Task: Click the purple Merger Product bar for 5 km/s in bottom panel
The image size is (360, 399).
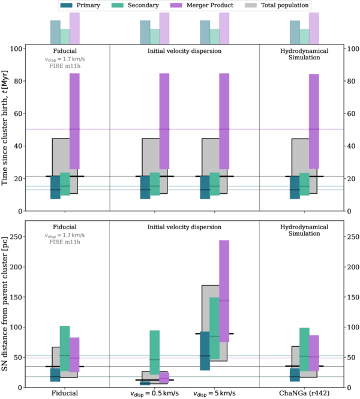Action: pos(224,291)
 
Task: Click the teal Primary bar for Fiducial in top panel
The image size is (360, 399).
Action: pos(55,187)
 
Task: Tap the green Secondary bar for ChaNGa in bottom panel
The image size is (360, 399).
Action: pos(304,354)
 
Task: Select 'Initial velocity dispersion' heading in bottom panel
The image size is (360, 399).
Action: pos(184,227)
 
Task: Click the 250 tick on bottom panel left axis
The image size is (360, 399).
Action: pos(20,236)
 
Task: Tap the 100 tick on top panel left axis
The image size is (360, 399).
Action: pos(20,49)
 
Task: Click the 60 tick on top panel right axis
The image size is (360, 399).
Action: pos(349,113)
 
